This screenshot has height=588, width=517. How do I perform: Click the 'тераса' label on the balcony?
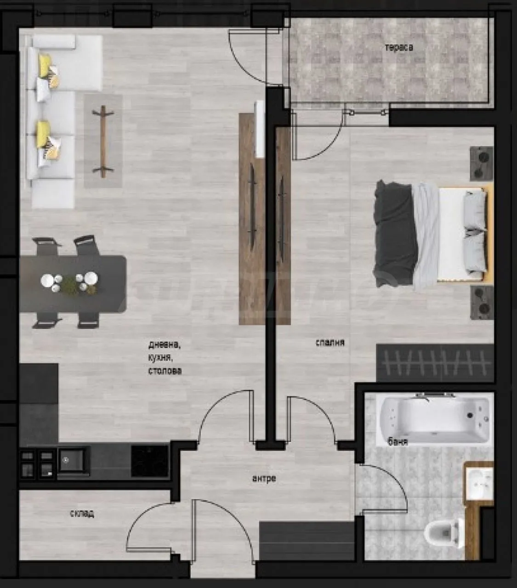point(399,48)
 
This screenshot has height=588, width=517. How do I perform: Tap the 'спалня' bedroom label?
point(330,343)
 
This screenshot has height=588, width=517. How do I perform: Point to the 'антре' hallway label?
point(264,478)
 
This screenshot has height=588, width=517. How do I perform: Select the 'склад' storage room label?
point(82,514)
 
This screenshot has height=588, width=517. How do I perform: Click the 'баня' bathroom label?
point(398,442)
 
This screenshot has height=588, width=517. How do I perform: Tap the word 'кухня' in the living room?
point(160,358)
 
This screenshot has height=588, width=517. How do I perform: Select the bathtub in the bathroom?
point(435,419)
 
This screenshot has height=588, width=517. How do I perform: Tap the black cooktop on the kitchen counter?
point(149,461)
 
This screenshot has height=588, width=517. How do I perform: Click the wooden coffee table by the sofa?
point(103,141)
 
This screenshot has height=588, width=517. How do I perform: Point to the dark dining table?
point(73,284)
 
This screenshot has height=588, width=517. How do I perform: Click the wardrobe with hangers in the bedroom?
point(435,363)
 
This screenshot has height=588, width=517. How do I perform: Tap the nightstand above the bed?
point(482,164)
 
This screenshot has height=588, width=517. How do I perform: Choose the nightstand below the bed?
point(482,303)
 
